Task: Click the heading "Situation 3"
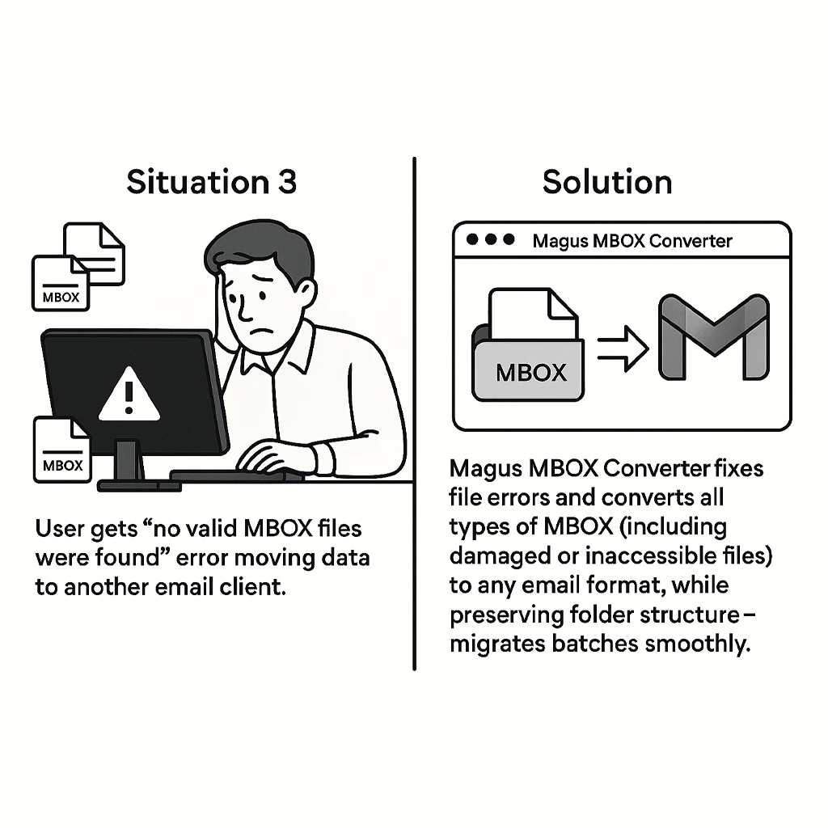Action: coord(212,182)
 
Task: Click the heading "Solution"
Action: coord(606,182)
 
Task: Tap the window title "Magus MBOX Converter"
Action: coord(633,241)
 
